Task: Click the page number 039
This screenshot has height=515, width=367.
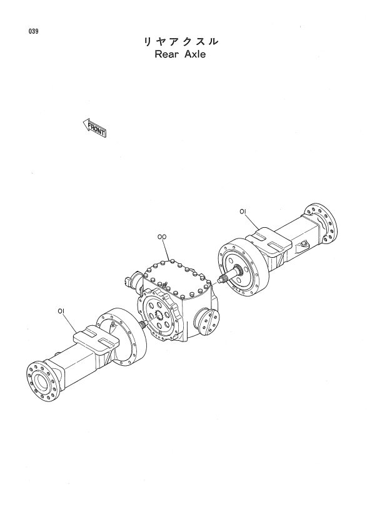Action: coord(33,32)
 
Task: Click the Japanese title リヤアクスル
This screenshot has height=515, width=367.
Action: coord(180,42)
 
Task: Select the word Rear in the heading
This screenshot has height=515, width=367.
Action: coord(167,54)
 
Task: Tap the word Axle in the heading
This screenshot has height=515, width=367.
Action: coord(195,54)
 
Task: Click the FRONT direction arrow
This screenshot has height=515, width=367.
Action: coord(94,128)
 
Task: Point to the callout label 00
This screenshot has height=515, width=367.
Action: coord(162,237)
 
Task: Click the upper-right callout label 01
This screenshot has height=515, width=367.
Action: coord(243,212)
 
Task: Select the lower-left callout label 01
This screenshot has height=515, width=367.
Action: coord(60,311)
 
